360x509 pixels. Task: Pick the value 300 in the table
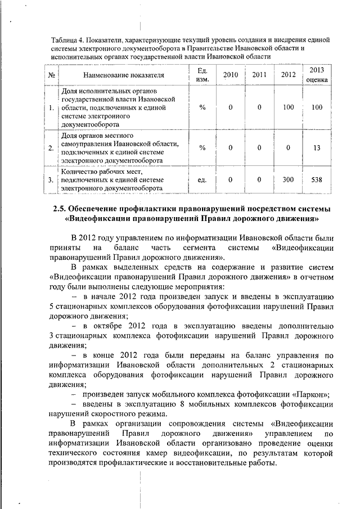pyautogui.click(x=288, y=180)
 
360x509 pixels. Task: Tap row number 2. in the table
pyautogui.click(x=51, y=148)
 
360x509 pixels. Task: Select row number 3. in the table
pyautogui.click(x=51, y=180)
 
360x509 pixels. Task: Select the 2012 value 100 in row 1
pyautogui.click(x=288, y=107)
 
